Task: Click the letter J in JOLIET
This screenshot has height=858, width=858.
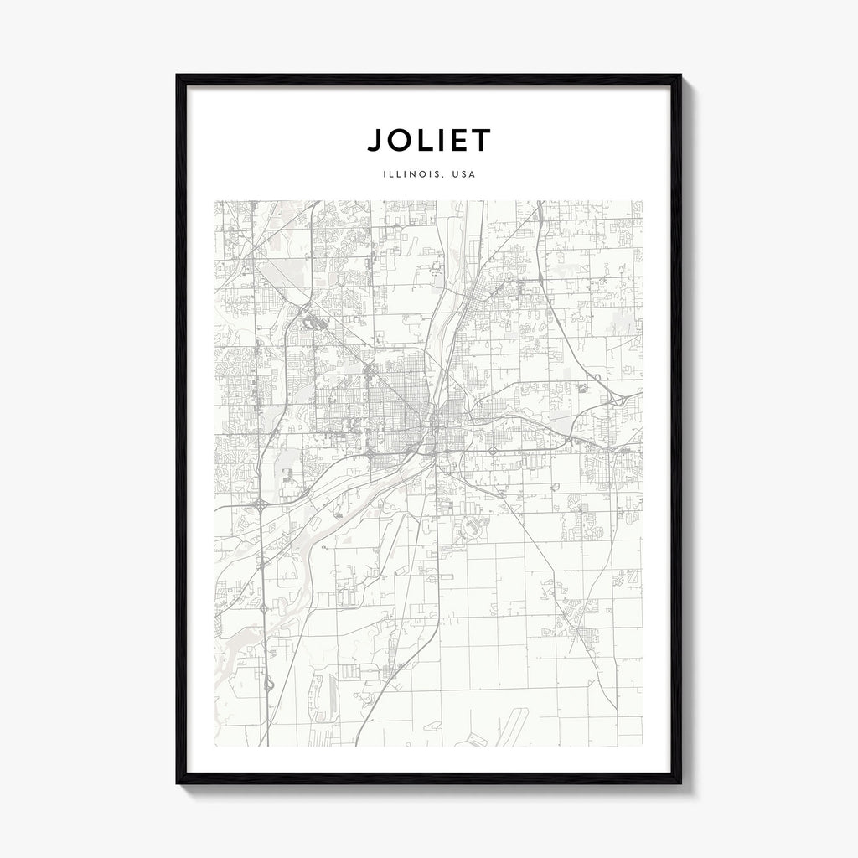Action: click(x=374, y=140)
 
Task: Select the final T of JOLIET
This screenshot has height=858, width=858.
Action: click(x=482, y=140)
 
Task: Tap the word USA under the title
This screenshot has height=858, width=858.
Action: click(x=463, y=175)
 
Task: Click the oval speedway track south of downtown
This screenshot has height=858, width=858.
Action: click(x=470, y=527)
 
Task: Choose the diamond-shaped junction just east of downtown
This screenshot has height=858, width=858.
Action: click(x=494, y=451)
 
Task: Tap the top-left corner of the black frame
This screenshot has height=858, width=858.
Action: click(x=178, y=76)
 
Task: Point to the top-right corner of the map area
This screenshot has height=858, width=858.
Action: click(x=643, y=201)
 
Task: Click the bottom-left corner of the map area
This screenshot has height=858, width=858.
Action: click(x=215, y=746)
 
